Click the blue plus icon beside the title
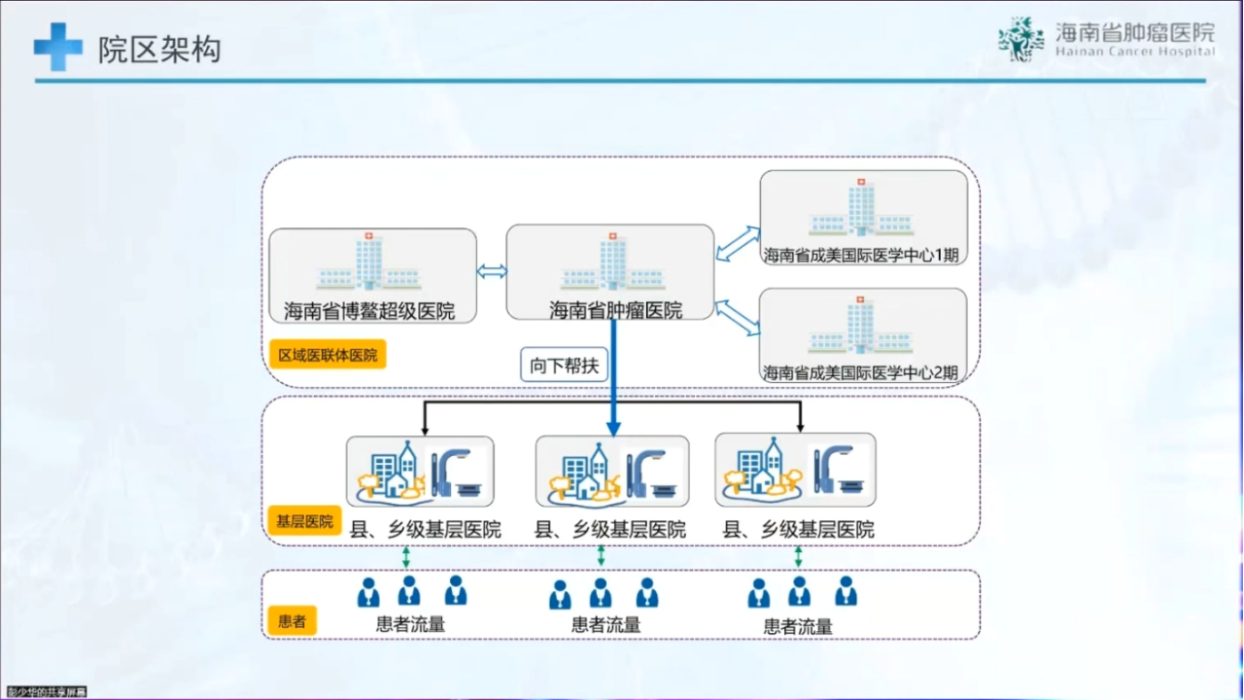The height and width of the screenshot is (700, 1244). click(57, 48)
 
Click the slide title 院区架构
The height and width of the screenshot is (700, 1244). click(159, 50)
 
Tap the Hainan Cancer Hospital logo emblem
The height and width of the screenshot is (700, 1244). click(1020, 40)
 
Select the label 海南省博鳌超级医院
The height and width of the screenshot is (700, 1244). click(369, 312)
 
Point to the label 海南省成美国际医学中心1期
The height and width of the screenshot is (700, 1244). click(861, 256)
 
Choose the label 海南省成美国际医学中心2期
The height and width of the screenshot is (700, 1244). click(861, 372)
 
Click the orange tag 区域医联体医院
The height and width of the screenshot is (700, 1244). click(328, 355)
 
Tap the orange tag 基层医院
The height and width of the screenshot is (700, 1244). click(304, 521)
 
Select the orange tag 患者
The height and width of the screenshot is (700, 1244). click(292, 620)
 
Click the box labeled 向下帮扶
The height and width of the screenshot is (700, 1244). click(564, 367)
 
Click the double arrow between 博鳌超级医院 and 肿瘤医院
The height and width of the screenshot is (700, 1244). click(492, 271)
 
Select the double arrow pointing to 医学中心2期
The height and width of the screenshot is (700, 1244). click(738, 317)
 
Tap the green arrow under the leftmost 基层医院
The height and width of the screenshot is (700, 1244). click(406, 557)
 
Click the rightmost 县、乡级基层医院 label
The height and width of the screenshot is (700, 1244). click(799, 530)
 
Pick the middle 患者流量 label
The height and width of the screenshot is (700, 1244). click(605, 625)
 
